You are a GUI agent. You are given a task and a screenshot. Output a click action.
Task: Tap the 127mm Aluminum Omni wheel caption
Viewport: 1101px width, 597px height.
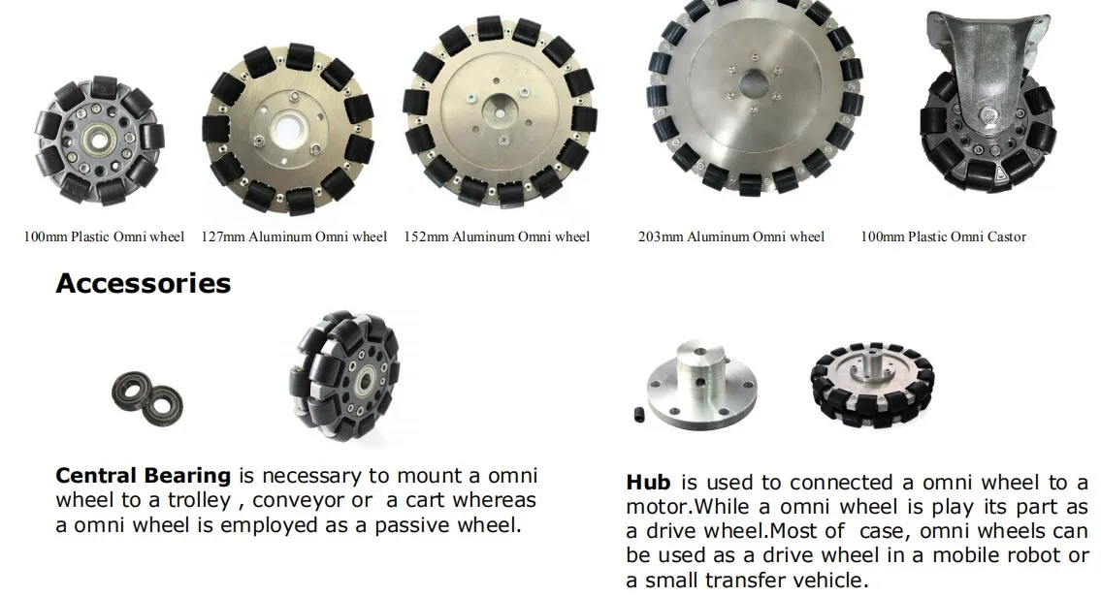tap(294, 236)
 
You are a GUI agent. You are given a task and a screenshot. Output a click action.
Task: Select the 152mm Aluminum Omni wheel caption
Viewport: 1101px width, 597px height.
tap(497, 236)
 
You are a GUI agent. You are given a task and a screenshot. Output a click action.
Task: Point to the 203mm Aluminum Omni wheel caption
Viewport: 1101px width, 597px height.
tap(731, 236)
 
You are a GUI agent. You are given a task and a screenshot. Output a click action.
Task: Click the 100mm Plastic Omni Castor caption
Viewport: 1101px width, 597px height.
tap(943, 236)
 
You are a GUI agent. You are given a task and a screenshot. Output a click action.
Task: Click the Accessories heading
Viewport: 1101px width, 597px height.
tap(144, 283)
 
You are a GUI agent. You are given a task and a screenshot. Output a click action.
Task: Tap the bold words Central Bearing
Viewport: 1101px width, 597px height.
tap(144, 476)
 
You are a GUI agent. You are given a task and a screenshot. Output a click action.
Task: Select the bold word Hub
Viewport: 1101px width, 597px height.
tap(648, 483)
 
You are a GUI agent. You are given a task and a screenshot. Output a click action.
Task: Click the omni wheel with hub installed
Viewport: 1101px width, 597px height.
tap(872, 382)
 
